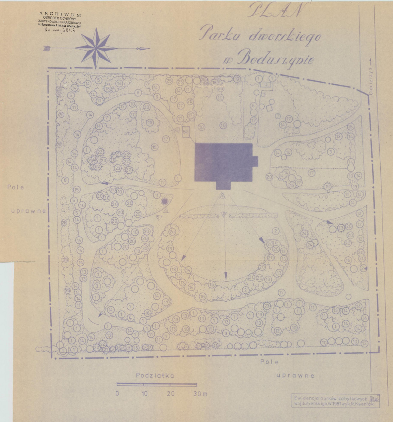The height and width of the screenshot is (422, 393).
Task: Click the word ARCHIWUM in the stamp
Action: pyautogui.click(x=60, y=15)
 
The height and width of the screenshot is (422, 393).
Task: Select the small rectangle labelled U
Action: pyautogui.click(x=266, y=84)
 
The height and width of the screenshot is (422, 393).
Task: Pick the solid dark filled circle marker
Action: pyautogui.click(x=164, y=201)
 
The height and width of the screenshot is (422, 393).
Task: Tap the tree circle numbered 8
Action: pyautogui.click(x=64, y=181)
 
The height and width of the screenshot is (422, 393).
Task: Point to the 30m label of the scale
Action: pyautogui.click(x=200, y=394)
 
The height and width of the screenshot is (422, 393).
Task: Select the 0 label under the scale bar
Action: pyautogui.click(x=117, y=394)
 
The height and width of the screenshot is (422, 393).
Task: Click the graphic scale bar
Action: pyautogui.click(x=157, y=384)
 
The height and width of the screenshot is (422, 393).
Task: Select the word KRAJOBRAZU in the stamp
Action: pyautogui.click(x=69, y=23)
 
